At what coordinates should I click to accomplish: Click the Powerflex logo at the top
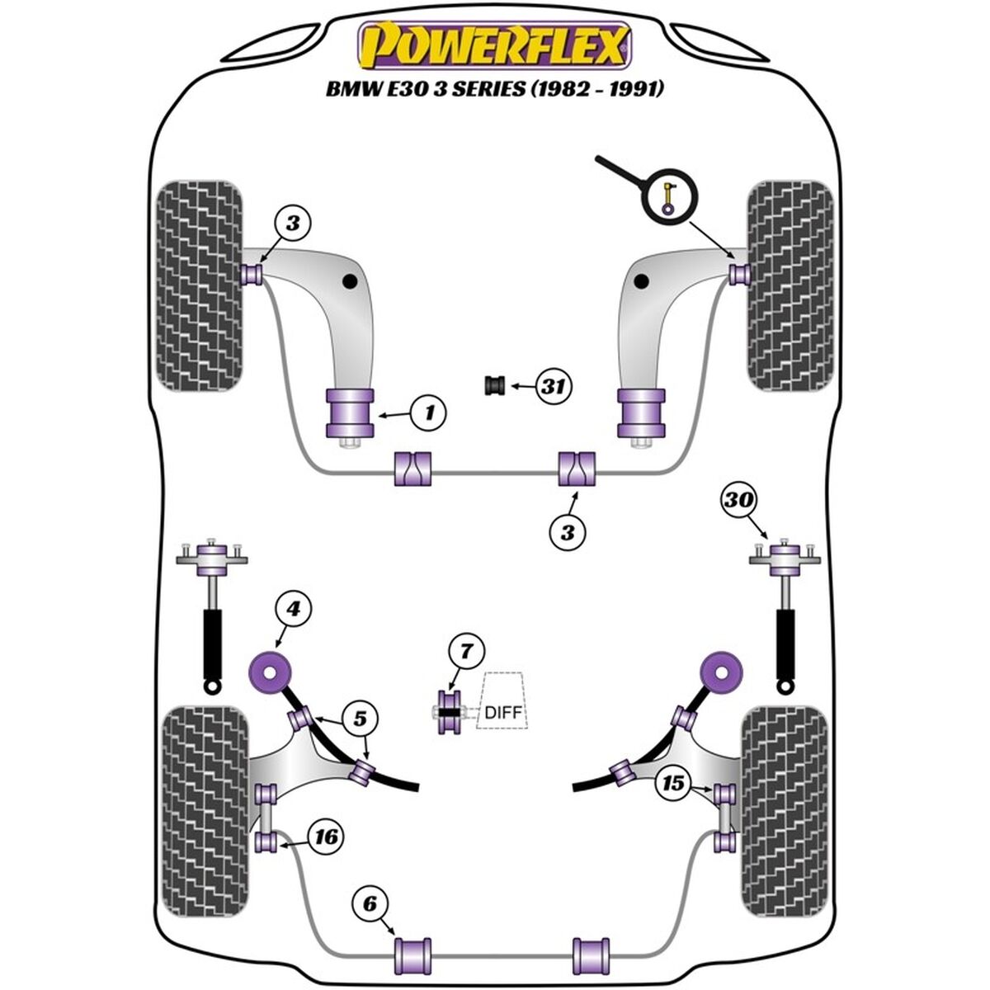pyautogui.click(x=493, y=46)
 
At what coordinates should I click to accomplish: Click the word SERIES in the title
pyautogui.click(x=483, y=89)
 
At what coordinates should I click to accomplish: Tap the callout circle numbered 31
pyautogui.click(x=554, y=385)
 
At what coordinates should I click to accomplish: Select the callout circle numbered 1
pyautogui.click(x=427, y=411)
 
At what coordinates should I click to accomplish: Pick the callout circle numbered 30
pyautogui.click(x=739, y=500)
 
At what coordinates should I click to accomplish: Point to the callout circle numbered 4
pyautogui.click(x=294, y=610)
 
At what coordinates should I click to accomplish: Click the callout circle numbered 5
pyautogui.click(x=360, y=719)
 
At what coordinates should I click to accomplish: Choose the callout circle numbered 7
pyautogui.click(x=465, y=653)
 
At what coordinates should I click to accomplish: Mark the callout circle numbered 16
pyautogui.click(x=326, y=837)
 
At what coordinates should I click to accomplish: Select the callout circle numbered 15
pyautogui.click(x=675, y=782)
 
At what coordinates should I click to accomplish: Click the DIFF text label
pyautogui.click(x=503, y=712)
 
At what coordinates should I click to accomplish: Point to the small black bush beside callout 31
pyautogui.click(x=497, y=385)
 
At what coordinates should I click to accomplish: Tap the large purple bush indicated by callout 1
pyautogui.click(x=351, y=413)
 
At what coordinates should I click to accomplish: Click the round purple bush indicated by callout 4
pyautogui.click(x=268, y=672)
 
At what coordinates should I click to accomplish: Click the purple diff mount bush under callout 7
pyautogui.click(x=449, y=712)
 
